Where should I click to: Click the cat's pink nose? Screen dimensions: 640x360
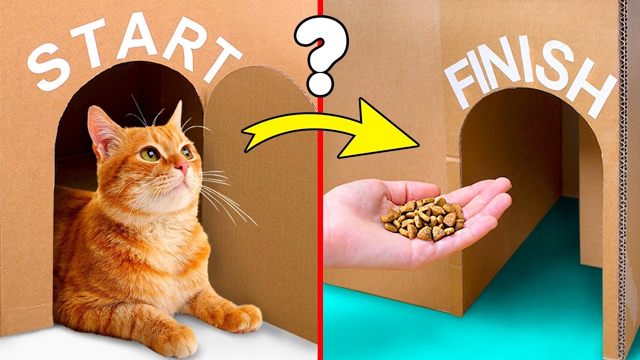(182, 166)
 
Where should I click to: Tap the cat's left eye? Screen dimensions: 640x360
(149, 154)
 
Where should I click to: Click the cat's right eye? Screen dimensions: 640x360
(187, 152)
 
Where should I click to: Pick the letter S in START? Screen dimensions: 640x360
(49, 66)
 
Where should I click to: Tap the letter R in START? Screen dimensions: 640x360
(182, 43)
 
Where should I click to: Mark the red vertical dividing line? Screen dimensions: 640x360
(320, 180)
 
